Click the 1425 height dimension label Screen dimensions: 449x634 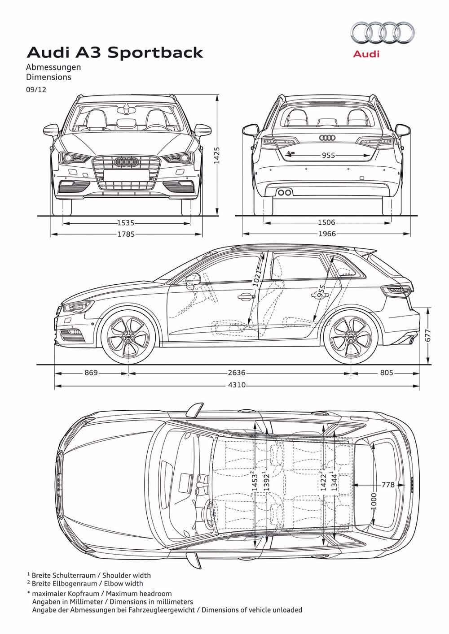coord(217,155)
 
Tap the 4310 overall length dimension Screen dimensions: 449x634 coord(237,385)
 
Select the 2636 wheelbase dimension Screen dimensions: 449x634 coord(237,373)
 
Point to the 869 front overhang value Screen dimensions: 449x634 coord(91,373)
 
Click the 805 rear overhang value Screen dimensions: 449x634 coord(387,373)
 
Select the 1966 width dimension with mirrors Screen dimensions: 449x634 coord(327,234)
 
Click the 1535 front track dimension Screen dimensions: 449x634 coord(126,223)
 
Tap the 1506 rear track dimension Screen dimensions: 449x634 coord(326,222)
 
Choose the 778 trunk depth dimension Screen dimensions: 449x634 coord(388,485)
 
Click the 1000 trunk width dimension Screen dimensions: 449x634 coord(374,501)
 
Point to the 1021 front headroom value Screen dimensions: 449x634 coord(257,278)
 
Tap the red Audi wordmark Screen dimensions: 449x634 coord(366,53)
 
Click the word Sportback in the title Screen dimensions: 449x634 coord(155,53)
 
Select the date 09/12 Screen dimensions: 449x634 coord(36,90)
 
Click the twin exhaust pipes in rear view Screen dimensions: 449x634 coord(284,192)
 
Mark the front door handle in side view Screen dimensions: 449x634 coord(246,297)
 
